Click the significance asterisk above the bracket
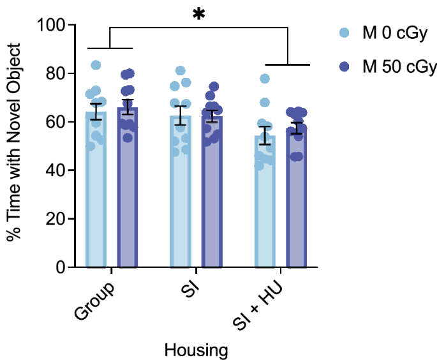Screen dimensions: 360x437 click(199, 14)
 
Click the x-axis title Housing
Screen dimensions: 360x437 click(196, 349)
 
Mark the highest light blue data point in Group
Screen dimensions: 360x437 click(96, 65)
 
